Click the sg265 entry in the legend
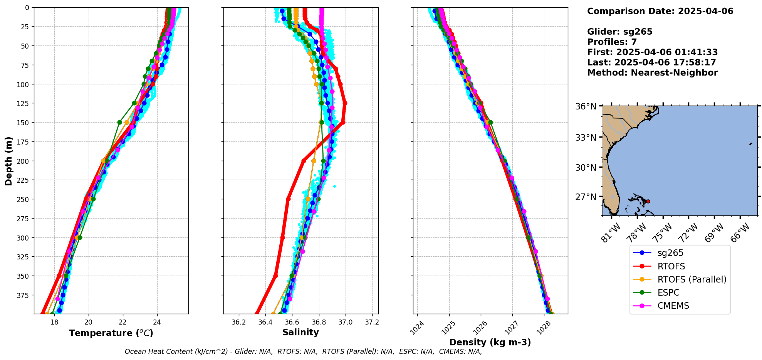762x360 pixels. [x=670, y=253]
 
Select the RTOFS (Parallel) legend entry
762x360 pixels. [x=692, y=279]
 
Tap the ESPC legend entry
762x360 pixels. [x=668, y=293]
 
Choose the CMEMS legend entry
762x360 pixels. [x=673, y=306]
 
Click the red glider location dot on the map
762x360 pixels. [x=648, y=201]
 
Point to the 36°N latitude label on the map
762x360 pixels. [x=586, y=107]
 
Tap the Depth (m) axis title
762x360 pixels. [x=8, y=161]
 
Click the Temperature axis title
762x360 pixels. [x=111, y=333]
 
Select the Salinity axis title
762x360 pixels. [x=300, y=332]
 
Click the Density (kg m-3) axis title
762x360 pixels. [x=490, y=342]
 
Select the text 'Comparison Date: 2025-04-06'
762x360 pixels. [x=660, y=11]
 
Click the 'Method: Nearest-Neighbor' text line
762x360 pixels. [x=652, y=73]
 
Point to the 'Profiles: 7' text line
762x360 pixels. [x=612, y=42]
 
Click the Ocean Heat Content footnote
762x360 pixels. [x=303, y=352]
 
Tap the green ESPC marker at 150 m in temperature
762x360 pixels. [x=119, y=122]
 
